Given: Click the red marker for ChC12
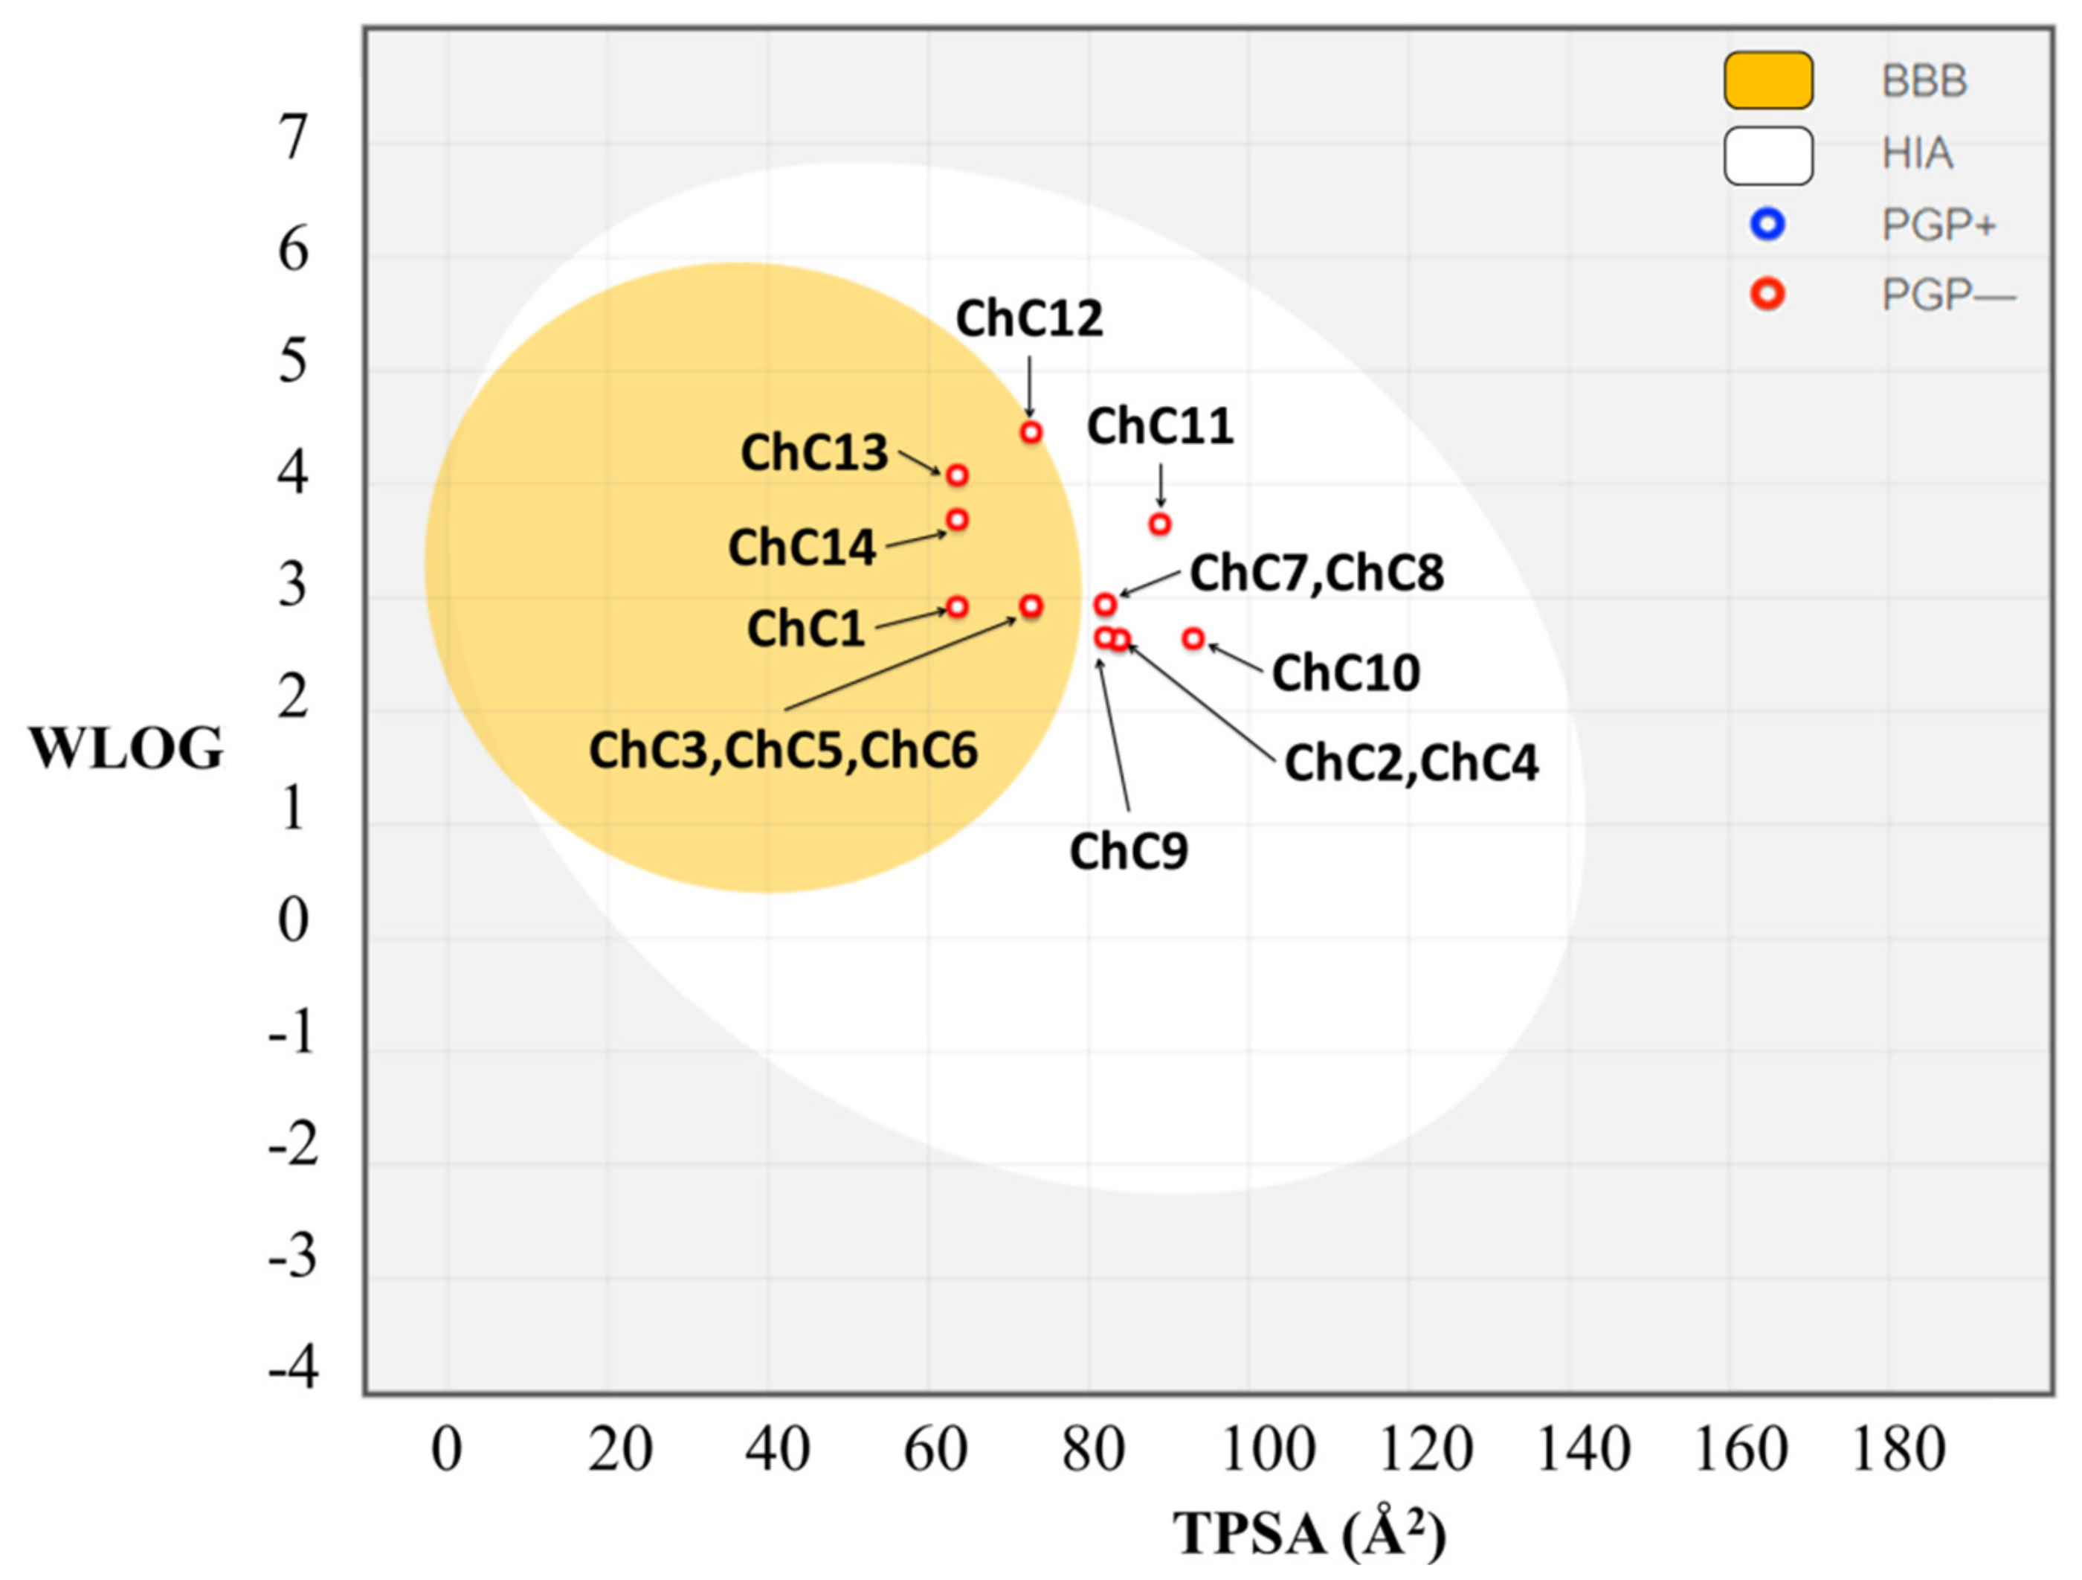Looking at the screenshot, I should (x=1031, y=432).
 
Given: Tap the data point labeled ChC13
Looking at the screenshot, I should (x=957, y=475).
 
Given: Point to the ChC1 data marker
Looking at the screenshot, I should (x=957, y=606).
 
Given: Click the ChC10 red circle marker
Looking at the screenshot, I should (x=1193, y=638).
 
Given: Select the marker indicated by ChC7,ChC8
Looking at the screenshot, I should (x=1106, y=603).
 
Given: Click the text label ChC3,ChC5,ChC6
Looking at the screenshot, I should (x=783, y=751).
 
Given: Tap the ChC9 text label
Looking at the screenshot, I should (x=1129, y=851).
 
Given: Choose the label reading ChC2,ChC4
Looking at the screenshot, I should (x=1411, y=762).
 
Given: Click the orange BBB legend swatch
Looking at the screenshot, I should (x=1767, y=80).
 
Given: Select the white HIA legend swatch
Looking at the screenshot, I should (x=1767, y=155).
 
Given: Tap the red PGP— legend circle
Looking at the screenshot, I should (x=1767, y=295).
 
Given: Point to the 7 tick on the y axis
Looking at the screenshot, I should (x=294, y=138).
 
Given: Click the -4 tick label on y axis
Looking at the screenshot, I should (x=294, y=1367).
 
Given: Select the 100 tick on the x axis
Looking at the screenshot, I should (x=1267, y=1449).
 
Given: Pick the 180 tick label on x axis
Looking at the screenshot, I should (x=1898, y=1449).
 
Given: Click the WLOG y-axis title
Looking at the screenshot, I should (x=126, y=748).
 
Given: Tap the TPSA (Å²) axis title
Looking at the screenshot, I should (x=1308, y=1534).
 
